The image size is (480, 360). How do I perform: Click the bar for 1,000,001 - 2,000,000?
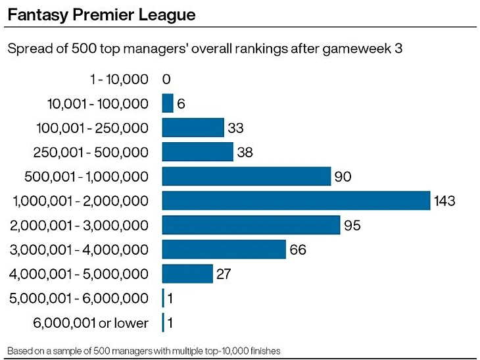(x=295, y=201)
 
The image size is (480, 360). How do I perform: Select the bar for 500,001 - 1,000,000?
(x=246, y=176)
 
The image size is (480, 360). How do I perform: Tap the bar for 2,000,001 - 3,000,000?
(x=251, y=225)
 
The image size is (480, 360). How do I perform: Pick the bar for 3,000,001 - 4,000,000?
(x=224, y=249)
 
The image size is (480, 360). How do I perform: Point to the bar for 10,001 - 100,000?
(x=168, y=103)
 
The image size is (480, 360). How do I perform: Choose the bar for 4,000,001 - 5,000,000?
(x=187, y=274)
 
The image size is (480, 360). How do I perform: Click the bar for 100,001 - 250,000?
(x=193, y=128)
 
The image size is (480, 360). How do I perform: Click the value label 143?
(x=444, y=201)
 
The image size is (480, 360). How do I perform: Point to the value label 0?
(x=166, y=79)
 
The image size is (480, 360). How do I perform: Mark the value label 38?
(x=245, y=152)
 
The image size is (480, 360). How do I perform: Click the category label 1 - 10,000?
(x=118, y=79)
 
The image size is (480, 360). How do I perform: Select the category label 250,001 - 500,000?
(x=91, y=152)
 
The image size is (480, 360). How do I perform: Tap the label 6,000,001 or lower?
(x=90, y=322)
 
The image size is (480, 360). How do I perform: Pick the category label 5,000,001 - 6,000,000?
(x=79, y=298)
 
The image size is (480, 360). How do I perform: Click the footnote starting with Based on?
(x=144, y=351)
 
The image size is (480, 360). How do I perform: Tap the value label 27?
(x=224, y=274)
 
